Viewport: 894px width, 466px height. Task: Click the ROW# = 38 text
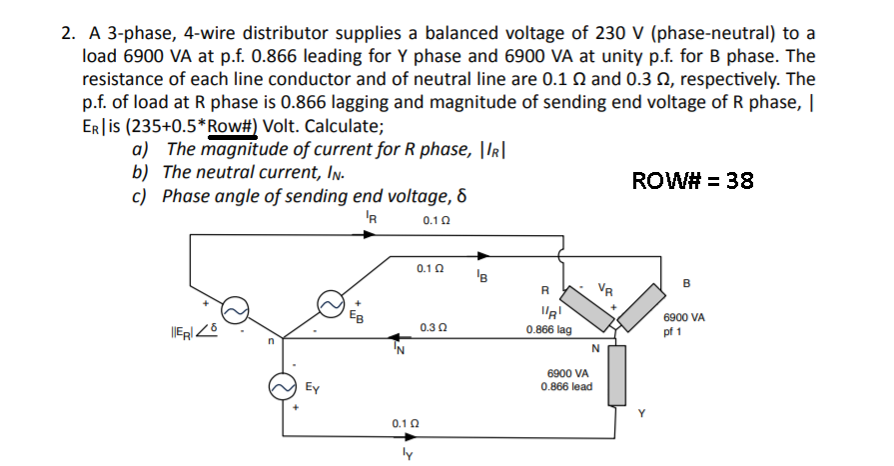[693, 180]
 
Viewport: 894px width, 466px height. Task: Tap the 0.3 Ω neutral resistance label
[434, 326]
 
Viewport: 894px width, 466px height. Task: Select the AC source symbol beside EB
[331, 302]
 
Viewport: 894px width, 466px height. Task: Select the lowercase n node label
[268, 343]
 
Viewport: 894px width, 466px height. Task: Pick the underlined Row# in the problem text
[230, 127]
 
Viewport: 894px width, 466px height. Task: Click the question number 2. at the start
[67, 34]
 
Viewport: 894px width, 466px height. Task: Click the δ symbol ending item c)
[461, 195]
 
